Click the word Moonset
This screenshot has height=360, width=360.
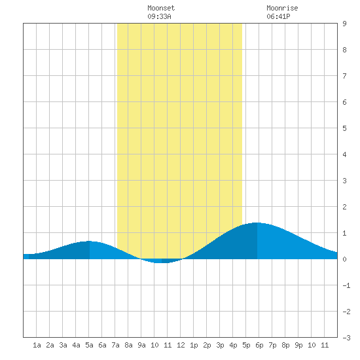point(161,8)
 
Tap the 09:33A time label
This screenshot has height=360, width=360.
point(159,16)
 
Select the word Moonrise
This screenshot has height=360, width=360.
point(282,8)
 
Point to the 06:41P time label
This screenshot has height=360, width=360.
point(278,16)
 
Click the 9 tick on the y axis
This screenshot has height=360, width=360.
point(344,24)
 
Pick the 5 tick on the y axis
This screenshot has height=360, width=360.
point(344,128)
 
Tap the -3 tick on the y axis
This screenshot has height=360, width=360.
point(346,338)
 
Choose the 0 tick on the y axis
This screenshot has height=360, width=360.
point(344,259)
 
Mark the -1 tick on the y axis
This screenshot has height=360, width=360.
point(346,285)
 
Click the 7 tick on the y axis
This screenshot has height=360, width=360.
point(344,76)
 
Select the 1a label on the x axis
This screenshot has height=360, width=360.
point(37,345)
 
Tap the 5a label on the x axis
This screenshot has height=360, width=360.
point(89,345)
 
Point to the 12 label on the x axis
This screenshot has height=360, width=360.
point(181,345)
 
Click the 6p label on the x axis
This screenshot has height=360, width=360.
point(259,345)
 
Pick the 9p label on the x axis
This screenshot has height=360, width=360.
point(298,345)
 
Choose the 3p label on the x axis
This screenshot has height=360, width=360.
point(220,345)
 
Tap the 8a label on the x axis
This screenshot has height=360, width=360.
point(128,345)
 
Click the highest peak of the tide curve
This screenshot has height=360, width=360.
point(257,223)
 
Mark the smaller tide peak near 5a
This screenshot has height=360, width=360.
point(89,241)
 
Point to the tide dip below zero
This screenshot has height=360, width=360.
point(162,263)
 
